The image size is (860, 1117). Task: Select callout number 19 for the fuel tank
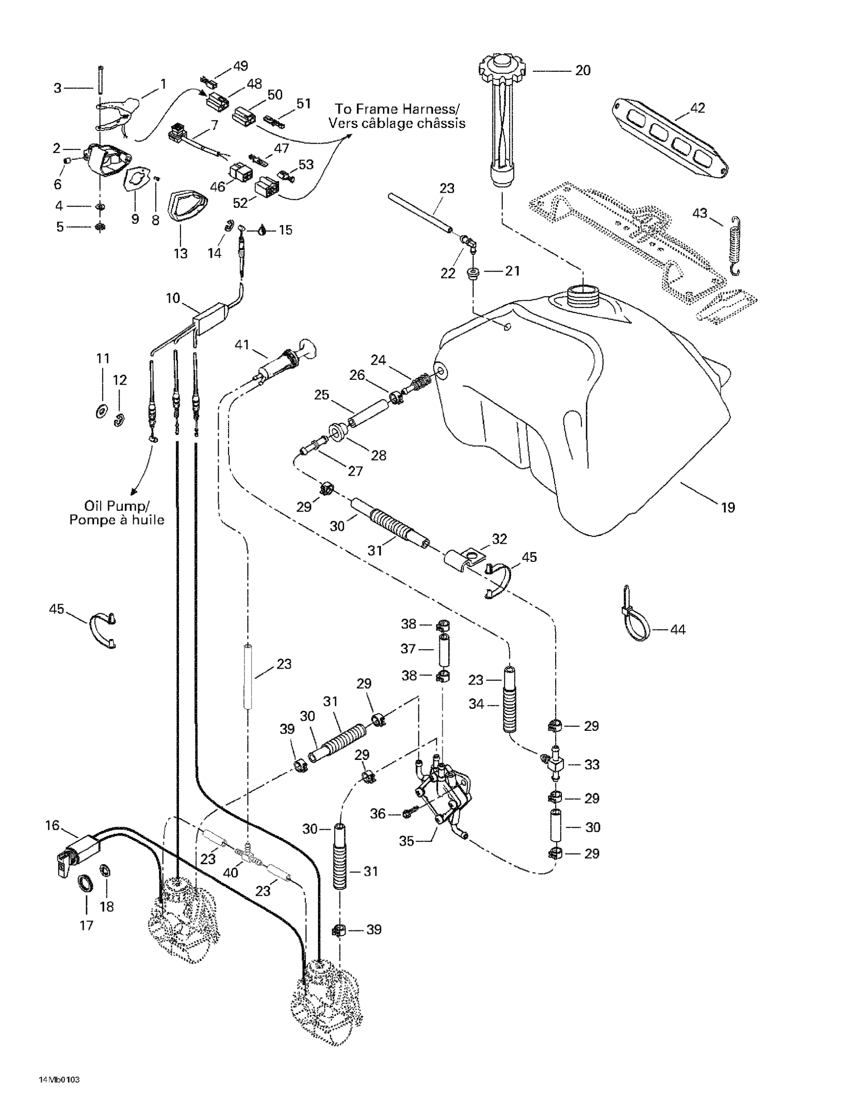point(728,507)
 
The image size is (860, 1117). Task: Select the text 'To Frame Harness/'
point(396,108)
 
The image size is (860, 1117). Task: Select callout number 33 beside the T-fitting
point(592,765)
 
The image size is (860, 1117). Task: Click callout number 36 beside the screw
point(377,813)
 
